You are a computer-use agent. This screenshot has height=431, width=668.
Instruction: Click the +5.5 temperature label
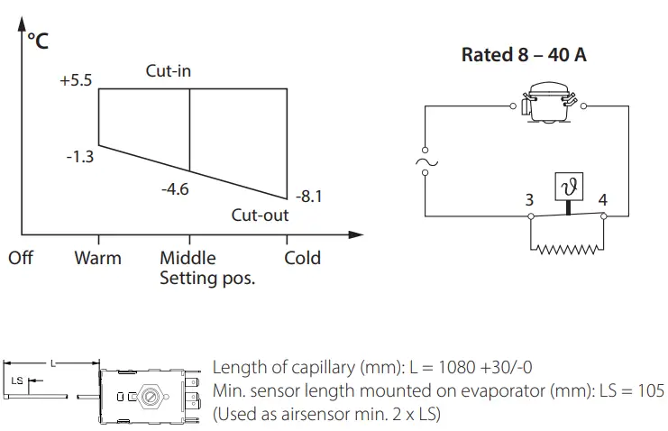[x=76, y=80]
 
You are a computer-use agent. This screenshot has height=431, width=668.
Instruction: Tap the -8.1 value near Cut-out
[x=307, y=196]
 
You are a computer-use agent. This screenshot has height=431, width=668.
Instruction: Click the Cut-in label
[x=169, y=69]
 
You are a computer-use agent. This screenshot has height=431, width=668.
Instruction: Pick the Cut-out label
[x=260, y=215]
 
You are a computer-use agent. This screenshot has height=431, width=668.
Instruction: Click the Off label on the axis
[x=20, y=258]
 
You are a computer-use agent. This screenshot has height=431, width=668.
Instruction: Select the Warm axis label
[x=97, y=258]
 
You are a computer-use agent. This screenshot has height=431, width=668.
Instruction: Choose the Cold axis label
[x=302, y=258]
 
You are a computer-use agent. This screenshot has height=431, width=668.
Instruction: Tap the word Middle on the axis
[x=188, y=258]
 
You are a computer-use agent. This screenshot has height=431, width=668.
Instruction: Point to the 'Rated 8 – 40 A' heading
[x=524, y=55]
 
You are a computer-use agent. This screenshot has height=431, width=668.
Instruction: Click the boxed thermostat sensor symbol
[x=569, y=186]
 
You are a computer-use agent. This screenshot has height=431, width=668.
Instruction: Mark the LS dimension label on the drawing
[x=17, y=381]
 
